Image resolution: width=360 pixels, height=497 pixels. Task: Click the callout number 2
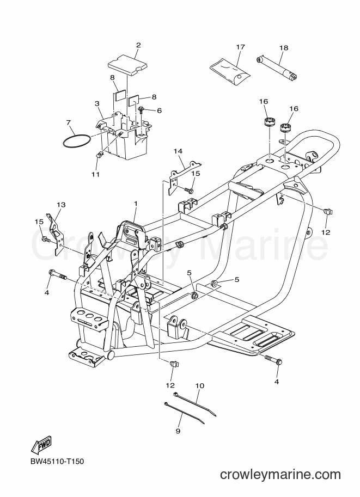(x=138, y=45)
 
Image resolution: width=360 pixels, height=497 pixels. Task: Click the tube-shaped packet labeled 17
(x=230, y=72)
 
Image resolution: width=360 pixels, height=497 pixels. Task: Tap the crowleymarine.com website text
(x=280, y=475)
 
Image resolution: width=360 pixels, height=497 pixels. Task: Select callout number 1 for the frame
(x=136, y=204)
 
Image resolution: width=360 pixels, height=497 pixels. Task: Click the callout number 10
(x=200, y=386)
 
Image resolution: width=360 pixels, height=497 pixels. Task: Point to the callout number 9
(x=178, y=431)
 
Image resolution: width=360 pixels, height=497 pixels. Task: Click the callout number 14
(x=178, y=151)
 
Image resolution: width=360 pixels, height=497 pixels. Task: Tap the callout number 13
(x=61, y=205)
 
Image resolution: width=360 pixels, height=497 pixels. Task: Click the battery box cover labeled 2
(x=128, y=64)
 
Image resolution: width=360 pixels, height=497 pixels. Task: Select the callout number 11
(x=96, y=174)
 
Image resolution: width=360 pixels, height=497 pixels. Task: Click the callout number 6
(x=159, y=111)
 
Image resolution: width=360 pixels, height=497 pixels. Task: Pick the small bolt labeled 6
(x=141, y=109)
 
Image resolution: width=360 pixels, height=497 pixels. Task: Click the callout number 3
(x=97, y=103)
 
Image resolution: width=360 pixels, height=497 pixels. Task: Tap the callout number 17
(x=241, y=47)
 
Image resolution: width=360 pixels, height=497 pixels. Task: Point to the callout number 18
(x=284, y=48)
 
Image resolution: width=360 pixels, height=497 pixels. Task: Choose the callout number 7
(x=68, y=122)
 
